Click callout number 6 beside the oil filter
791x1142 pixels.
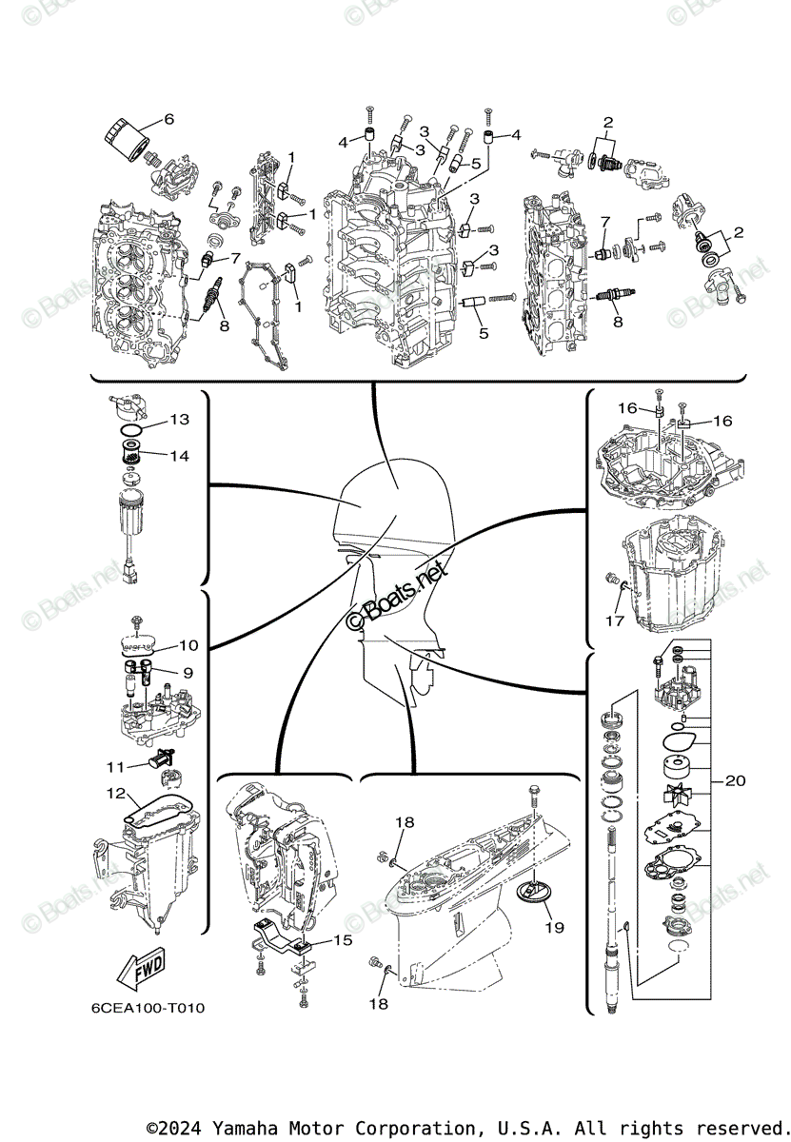168,120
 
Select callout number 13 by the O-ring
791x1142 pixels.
180,420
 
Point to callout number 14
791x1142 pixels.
180,456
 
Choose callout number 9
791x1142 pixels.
188,673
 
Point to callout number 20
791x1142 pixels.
735,781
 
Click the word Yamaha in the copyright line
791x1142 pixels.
249,1128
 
